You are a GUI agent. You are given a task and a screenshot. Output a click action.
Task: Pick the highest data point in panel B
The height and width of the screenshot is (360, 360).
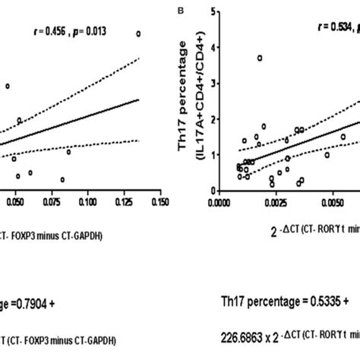(260, 58)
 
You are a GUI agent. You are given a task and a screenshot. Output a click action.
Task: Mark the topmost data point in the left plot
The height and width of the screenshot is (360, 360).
(138, 33)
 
